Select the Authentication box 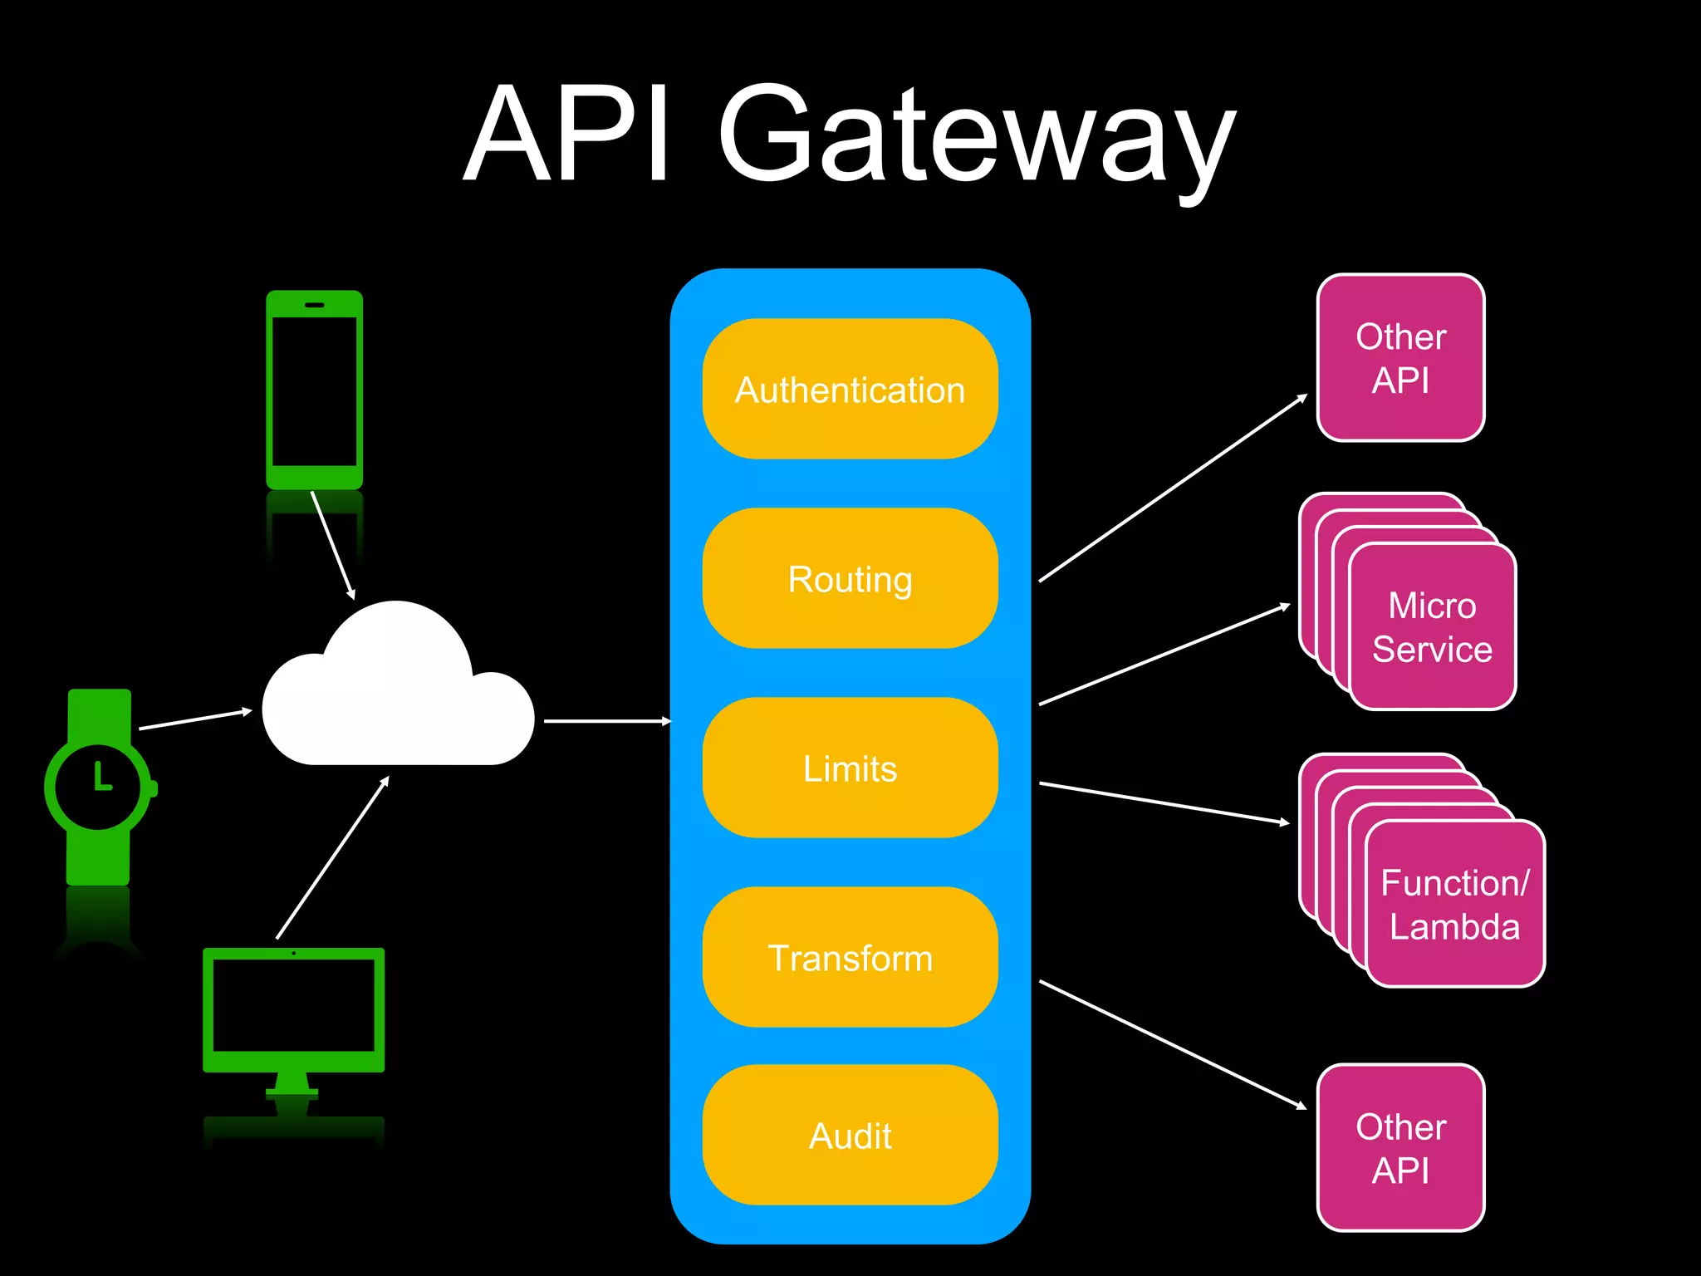850,390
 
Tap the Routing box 850,579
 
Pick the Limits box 850,768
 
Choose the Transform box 850,958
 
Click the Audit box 850,1136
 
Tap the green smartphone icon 314,390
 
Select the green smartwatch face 98,786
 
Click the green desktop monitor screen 293,1005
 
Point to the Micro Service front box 1432,628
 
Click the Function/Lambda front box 1454,905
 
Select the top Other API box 1400,358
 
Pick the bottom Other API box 1400,1148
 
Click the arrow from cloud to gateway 606,721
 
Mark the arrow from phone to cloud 332,544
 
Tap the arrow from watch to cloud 195,719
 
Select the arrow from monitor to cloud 332,858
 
